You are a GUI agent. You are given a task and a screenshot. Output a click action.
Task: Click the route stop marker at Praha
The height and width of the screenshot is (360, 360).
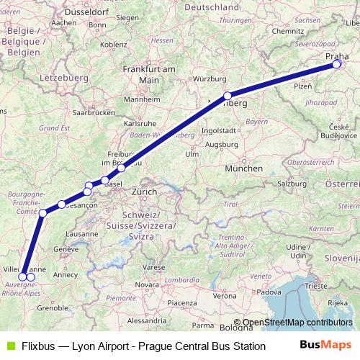336,64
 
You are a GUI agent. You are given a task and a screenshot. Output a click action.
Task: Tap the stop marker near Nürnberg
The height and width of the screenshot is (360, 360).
227,96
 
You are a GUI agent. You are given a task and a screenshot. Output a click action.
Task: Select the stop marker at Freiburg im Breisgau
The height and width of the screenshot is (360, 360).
121,168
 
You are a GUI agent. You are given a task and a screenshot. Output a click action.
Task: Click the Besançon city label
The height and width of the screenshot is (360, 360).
81,206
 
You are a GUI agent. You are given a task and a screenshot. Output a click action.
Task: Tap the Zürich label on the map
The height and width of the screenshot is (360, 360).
145,192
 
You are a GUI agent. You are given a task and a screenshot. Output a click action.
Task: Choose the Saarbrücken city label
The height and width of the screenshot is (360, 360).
94,113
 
